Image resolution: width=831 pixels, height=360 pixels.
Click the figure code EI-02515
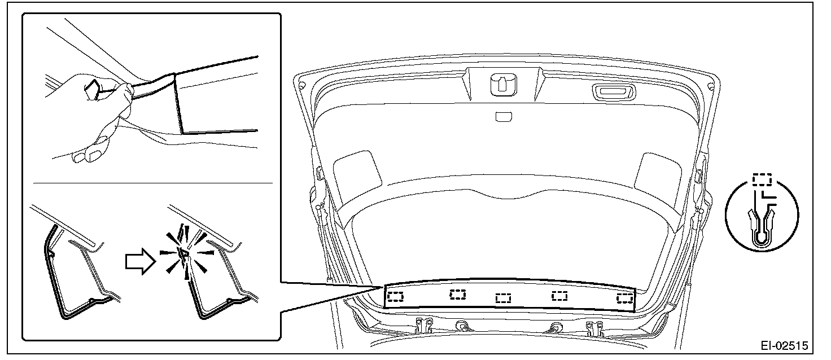tap(784, 346)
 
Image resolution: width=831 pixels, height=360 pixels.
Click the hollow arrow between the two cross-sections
tap(141, 262)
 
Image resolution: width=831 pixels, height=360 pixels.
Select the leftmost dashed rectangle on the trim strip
tap(395, 297)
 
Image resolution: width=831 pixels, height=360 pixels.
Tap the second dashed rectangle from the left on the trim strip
tap(458, 295)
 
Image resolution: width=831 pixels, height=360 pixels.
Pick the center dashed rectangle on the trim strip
tap(504, 298)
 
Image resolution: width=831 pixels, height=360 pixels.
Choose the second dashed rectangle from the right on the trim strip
tap(559, 296)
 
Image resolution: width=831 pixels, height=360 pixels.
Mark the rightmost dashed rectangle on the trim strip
tap(625, 298)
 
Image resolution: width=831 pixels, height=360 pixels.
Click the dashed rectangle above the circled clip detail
tap(762, 179)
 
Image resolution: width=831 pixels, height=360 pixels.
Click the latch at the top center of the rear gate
tap(504, 85)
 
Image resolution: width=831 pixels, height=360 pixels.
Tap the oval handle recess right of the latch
tap(614, 92)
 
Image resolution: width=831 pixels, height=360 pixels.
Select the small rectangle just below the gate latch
tap(504, 117)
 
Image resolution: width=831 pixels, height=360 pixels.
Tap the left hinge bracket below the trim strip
tap(423, 325)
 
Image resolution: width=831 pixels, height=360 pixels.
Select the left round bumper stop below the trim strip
tap(462, 325)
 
